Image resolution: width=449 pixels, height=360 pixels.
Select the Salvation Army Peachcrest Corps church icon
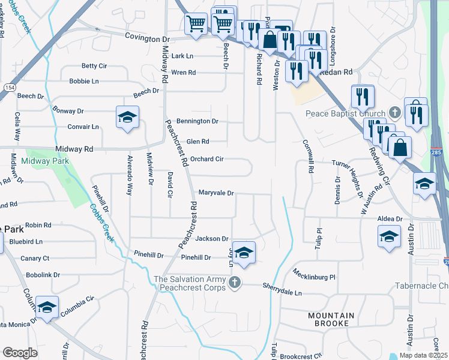pyautogui.click(x=237, y=281)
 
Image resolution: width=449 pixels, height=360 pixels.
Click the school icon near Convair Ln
pyautogui.click(x=127, y=117)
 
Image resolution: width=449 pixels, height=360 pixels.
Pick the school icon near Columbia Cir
pyautogui.click(x=47, y=307)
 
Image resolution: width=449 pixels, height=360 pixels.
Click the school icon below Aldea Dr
pyautogui.click(x=389, y=238)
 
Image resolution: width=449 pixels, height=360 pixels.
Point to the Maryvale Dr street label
pyautogui.click(x=215, y=193)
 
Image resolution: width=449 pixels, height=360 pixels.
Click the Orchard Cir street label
pyautogui.click(x=207, y=159)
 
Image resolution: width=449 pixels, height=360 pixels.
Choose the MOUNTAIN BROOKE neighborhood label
pyautogui.click(x=331, y=319)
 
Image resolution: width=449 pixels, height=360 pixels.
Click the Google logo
pyautogui.click(x=20, y=353)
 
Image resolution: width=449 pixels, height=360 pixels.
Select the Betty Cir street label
pyautogui.click(x=94, y=66)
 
